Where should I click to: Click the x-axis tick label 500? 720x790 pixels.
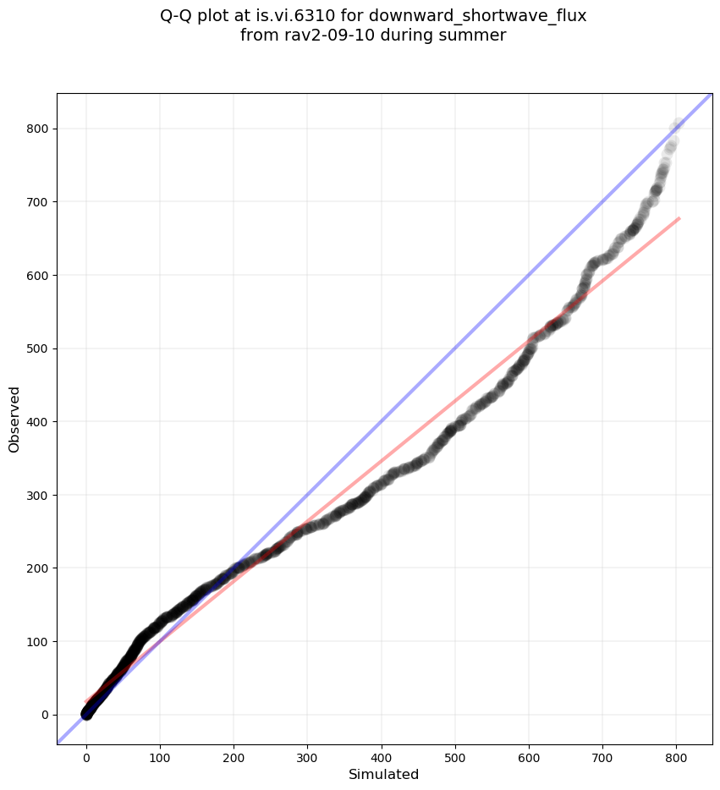point(455,753)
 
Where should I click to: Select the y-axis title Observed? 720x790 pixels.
point(14,419)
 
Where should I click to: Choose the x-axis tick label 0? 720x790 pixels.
point(86,753)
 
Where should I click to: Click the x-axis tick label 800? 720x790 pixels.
point(676,753)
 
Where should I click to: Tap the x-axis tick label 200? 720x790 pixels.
point(234,753)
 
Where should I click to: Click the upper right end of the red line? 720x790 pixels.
point(679,218)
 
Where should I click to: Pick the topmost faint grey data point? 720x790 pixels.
point(678,125)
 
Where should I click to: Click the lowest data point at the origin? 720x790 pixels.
point(86,715)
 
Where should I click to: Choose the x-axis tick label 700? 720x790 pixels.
point(602,753)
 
